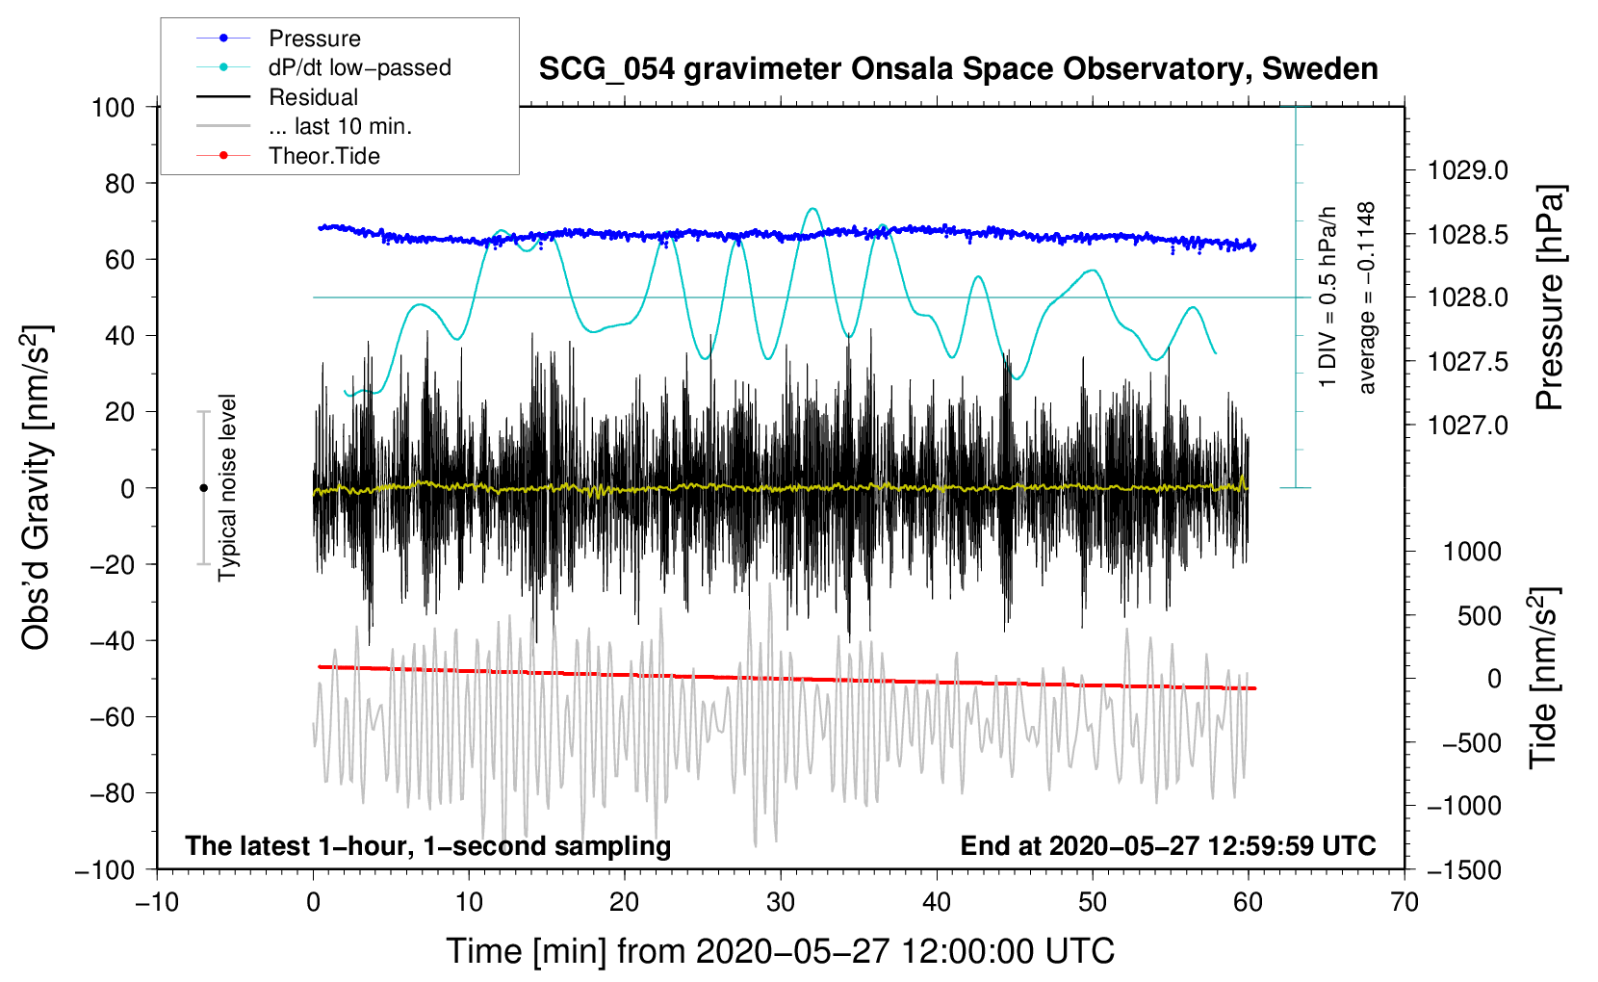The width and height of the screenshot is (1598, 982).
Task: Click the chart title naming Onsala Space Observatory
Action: click(x=958, y=69)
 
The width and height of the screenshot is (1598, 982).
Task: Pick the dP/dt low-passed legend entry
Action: click(x=359, y=67)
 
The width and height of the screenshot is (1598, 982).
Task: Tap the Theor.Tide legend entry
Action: click(x=323, y=156)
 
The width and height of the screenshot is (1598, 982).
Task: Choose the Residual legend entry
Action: click(x=313, y=97)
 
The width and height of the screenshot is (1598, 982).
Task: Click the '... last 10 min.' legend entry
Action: click(x=340, y=126)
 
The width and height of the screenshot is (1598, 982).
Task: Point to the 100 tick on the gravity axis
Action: click(x=113, y=107)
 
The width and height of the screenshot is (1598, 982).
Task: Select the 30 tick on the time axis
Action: click(x=781, y=902)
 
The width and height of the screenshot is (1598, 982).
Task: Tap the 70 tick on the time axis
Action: click(x=1405, y=902)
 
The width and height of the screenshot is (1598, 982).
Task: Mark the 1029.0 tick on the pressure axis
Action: click(x=1467, y=170)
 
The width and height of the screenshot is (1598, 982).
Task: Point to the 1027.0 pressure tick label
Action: click(x=1467, y=425)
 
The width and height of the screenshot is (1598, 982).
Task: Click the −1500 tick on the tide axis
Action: click(x=1464, y=869)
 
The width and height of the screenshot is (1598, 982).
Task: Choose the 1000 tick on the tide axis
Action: click(x=1472, y=552)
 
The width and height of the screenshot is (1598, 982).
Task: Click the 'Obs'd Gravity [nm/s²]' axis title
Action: click(x=37, y=487)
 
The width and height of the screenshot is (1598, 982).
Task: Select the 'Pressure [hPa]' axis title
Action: click(x=1549, y=297)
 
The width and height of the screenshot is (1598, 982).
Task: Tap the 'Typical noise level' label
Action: click(x=227, y=487)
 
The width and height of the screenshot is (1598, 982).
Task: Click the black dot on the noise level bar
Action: click(x=203, y=488)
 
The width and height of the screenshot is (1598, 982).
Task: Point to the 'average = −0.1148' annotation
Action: click(x=1367, y=297)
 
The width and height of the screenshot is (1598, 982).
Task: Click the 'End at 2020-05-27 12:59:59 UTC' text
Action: click(x=1168, y=846)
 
